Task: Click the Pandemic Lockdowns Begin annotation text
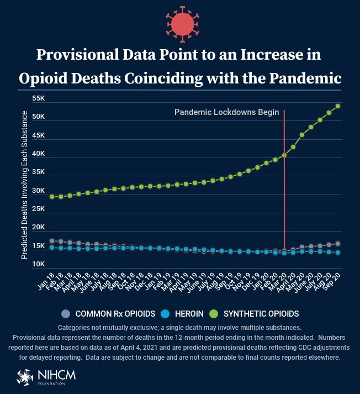[226, 112]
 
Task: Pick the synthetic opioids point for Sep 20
[338, 106]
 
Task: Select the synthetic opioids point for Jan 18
[52, 196]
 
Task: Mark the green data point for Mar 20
[284, 155]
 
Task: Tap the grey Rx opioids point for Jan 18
[52, 241]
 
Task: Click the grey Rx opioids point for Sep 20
[338, 244]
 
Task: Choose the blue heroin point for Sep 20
[338, 252]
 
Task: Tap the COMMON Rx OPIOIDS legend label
[107, 314]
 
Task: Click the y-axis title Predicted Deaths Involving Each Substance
[24, 185]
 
